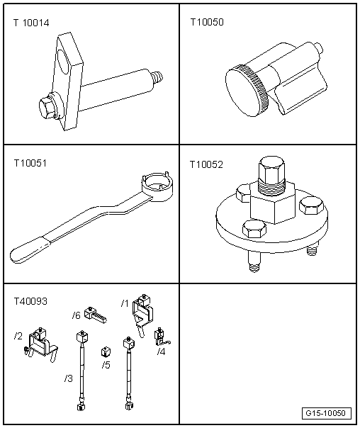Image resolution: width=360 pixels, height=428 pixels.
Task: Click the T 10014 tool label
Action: tap(31, 23)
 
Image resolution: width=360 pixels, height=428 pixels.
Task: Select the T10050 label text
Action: tap(207, 22)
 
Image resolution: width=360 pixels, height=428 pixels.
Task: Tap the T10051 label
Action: tap(30, 163)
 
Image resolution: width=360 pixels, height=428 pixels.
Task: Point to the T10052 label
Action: tap(206, 164)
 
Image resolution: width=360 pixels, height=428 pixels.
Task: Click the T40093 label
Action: tap(30, 301)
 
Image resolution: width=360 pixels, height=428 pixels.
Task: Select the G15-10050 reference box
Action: tap(327, 413)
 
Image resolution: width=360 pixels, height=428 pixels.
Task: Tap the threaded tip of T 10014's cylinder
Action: tap(159, 77)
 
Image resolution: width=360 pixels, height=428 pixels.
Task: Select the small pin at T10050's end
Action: tap(320, 49)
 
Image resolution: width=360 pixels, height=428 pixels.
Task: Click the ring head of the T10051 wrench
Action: tap(157, 186)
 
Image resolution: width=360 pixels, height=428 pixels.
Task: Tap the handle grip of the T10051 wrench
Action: tap(30, 249)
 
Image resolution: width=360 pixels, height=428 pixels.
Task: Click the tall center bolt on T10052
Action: tap(272, 175)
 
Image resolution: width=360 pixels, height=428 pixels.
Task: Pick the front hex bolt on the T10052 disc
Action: tap(254, 229)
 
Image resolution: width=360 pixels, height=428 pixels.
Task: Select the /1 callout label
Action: tap(125, 303)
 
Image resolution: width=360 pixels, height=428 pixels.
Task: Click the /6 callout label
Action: tap(77, 315)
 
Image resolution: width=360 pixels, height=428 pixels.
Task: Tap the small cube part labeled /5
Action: tap(106, 351)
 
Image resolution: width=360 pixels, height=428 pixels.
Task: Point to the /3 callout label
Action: tap(69, 378)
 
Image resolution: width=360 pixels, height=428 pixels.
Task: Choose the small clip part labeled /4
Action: tap(161, 337)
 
